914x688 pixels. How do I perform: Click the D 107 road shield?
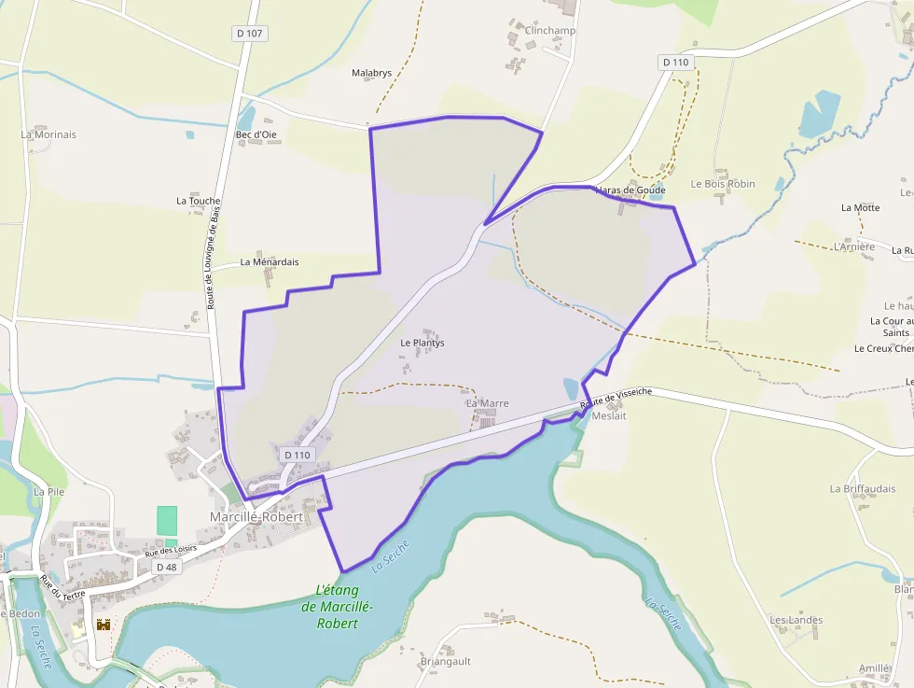249,34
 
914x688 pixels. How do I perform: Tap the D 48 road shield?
166,567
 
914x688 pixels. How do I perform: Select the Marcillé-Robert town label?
256,516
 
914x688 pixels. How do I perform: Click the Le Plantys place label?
422,343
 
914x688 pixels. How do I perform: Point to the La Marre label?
488,403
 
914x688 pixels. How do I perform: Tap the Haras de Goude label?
630,190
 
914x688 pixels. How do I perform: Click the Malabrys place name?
371,72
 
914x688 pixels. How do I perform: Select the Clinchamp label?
550,30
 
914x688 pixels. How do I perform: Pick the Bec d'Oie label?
256,134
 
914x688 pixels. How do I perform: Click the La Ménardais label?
270,262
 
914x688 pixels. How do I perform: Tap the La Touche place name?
199,201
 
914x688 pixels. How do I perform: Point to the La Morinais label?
48,134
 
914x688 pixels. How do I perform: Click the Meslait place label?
609,416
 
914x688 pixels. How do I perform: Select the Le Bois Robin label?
723,184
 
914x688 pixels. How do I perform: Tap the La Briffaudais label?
862,488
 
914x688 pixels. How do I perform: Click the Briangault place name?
445,661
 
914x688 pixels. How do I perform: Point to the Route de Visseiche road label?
616,399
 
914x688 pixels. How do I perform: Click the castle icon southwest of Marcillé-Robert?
104,624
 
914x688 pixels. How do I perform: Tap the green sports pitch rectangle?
167,522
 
